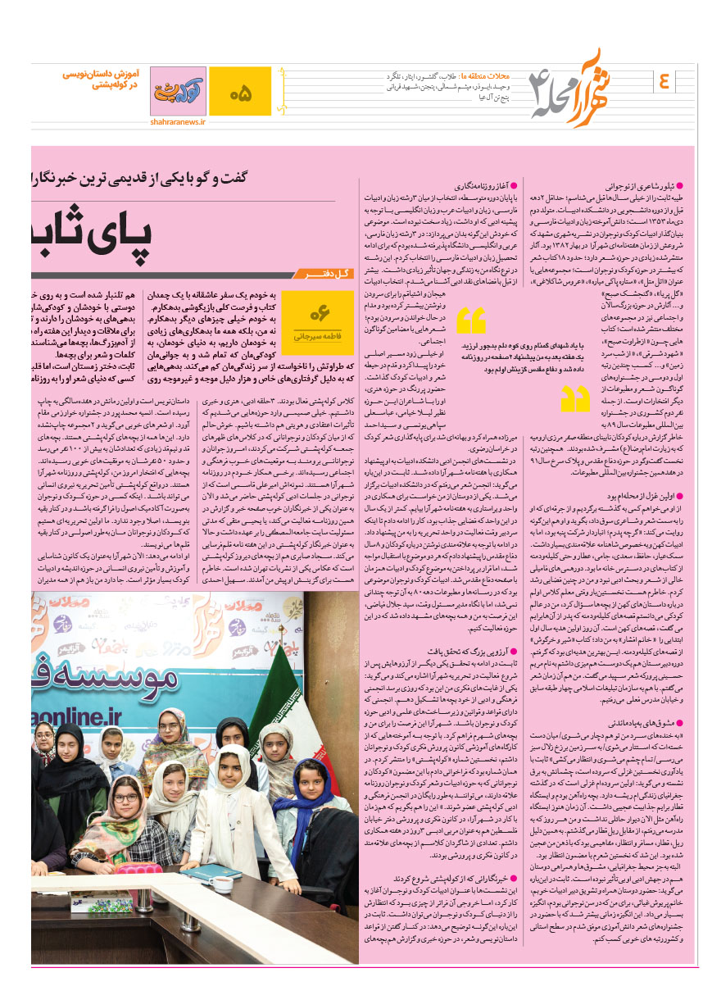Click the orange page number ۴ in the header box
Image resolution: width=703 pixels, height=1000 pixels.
663,81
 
